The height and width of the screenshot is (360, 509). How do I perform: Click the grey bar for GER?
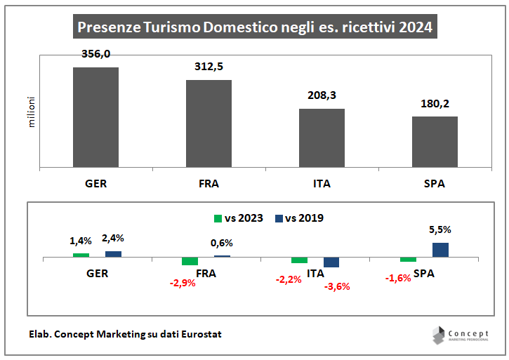coord(95,117)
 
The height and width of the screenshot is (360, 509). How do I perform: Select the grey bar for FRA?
coord(209,124)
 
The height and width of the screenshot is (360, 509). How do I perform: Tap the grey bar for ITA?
coord(322,138)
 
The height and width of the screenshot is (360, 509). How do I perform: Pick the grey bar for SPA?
coord(435,142)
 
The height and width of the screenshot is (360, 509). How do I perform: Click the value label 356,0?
coord(95,55)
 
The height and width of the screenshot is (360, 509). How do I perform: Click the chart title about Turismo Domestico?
coord(254,27)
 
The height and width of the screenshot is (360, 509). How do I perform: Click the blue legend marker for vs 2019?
coord(279,218)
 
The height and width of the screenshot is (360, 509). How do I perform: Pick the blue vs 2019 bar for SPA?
coord(440,250)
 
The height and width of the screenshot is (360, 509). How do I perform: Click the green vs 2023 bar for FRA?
coord(190,262)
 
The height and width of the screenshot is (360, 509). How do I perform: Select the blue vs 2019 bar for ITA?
coord(331,262)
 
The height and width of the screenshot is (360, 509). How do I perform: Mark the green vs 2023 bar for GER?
coord(81,255)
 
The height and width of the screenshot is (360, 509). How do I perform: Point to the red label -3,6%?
coord(336,286)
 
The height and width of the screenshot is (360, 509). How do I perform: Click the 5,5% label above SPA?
coord(440,229)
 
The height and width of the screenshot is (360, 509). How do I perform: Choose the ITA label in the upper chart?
coord(322,185)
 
